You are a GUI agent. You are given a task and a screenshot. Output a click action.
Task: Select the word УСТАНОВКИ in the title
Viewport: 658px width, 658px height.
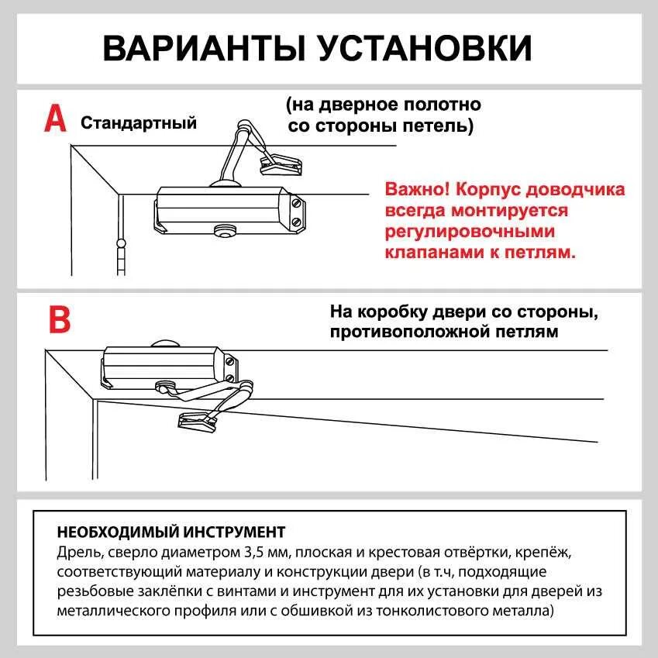point(425,48)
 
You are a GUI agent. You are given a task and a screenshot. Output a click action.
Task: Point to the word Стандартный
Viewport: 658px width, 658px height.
point(139,123)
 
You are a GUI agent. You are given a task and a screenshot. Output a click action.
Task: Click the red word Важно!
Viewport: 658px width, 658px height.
point(417,190)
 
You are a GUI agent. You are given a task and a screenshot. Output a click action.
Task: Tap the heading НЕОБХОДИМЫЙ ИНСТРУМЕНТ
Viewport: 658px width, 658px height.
point(171,532)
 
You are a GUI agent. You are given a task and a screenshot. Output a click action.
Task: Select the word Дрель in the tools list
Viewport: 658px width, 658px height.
point(75,553)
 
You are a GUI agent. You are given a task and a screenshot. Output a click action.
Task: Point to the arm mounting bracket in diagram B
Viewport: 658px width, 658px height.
point(198,421)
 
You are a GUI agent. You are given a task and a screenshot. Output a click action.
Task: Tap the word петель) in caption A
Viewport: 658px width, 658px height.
point(442,126)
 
